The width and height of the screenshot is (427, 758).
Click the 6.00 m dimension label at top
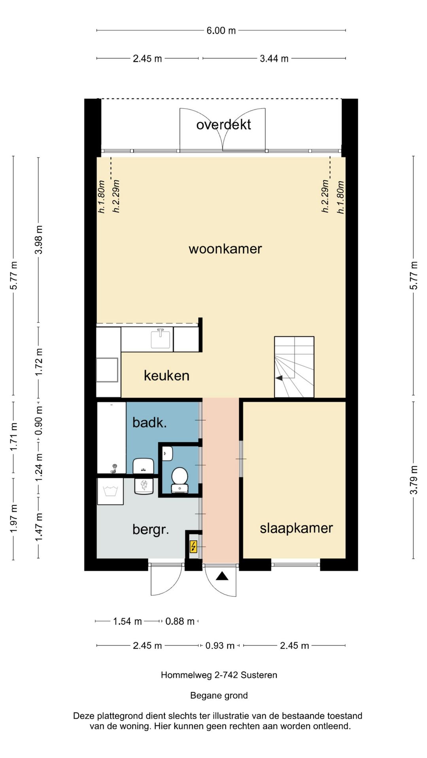click(x=221, y=30)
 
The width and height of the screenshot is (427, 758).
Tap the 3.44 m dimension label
click(x=274, y=59)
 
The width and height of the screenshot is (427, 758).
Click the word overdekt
click(x=223, y=125)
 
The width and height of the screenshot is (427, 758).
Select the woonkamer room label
click(x=225, y=249)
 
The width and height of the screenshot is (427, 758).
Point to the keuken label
click(x=166, y=375)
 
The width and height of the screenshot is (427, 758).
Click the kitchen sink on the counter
click(x=161, y=339)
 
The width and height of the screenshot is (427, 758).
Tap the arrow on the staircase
click(x=279, y=378)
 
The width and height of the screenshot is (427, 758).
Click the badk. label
click(x=149, y=423)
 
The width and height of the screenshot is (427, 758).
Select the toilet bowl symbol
click(x=179, y=476)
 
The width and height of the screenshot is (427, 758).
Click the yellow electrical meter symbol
click(x=193, y=546)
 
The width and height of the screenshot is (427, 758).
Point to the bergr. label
click(x=151, y=529)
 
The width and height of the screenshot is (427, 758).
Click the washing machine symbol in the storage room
click(x=111, y=491)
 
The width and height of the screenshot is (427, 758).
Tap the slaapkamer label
click(x=296, y=528)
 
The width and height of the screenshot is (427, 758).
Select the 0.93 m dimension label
click(x=220, y=646)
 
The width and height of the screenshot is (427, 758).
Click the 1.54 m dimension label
click(x=127, y=621)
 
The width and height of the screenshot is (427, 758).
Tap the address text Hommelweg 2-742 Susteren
click(x=219, y=675)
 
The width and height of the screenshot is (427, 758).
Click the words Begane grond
click(x=219, y=696)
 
